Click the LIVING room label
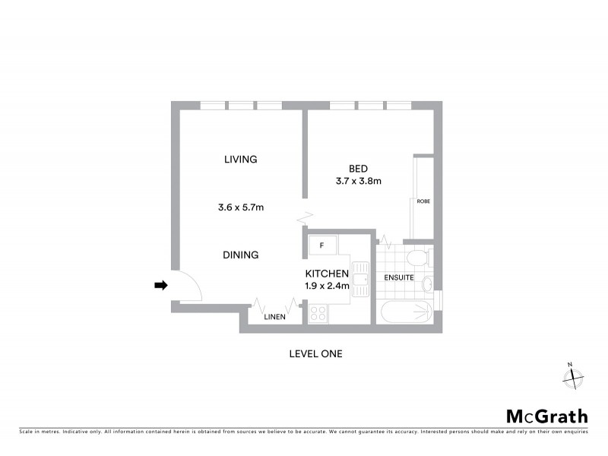(x=241, y=160)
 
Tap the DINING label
(x=241, y=255)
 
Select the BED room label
(x=358, y=169)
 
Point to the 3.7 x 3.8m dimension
(x=358, y=182)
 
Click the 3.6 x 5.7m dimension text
(x=241, y=207)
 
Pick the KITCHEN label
(x=327, y=274)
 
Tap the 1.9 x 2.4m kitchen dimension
(x=327, y=287)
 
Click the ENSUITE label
(x=399, y=278)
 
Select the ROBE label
(x=423, y=202)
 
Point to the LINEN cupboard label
(x=274, y=318)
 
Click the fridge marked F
(x=322, y=245)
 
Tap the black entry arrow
(x=160, y=285)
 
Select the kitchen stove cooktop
(x=317, y=312)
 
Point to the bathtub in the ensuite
(x=404, y=312)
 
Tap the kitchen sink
(x=363, y=280)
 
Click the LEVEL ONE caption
(x=316, y=353)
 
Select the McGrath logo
(x=546, y=416)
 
